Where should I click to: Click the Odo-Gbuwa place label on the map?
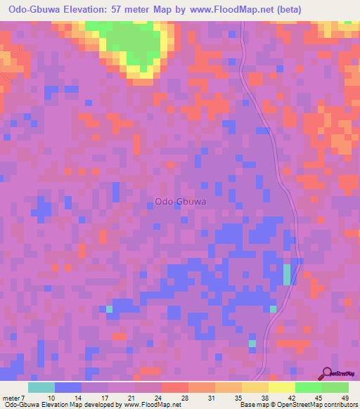[x=180, y=202]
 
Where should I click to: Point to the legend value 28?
[x=184, y=398]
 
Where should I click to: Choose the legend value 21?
[x=131, y=398]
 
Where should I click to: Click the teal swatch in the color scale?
[x=41, y=388]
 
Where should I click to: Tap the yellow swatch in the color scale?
[x=281, y=388]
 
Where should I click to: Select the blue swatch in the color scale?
[x=67, y=388]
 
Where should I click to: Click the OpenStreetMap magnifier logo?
[x=326, y=374]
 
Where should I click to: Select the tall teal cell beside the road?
[x=286, y=274]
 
